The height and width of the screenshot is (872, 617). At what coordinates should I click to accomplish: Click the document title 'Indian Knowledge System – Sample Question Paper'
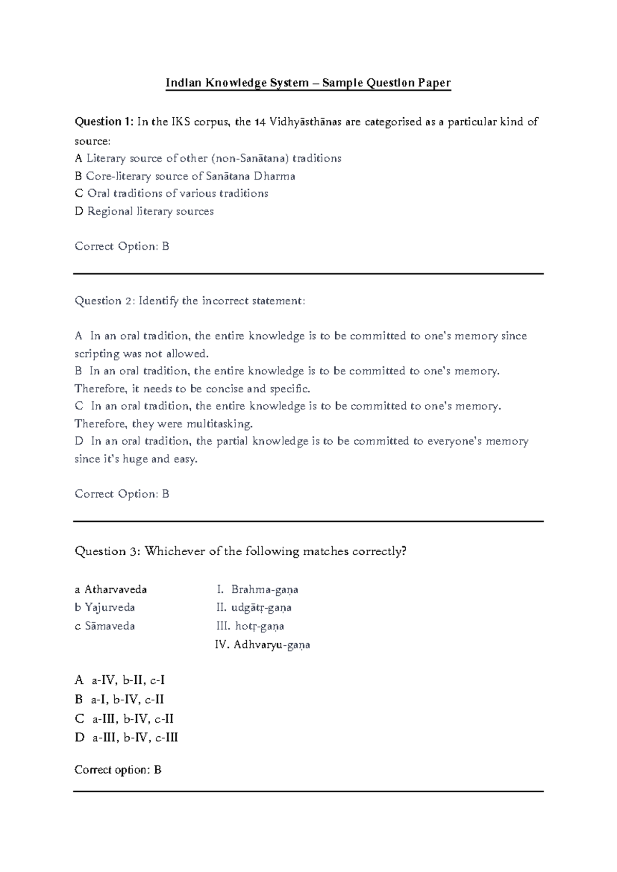[307, 83]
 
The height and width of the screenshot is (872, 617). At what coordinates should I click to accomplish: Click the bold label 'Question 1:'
[104, 122]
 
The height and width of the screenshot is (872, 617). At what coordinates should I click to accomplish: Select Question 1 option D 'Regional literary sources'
[144, 211]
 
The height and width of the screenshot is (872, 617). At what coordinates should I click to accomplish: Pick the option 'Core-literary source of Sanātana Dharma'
[185, 176]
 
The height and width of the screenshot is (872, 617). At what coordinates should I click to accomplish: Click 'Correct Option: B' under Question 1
[122, 246]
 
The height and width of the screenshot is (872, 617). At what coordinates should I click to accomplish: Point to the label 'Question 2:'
[105, 301]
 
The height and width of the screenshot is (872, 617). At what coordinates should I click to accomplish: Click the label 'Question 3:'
[107, 552]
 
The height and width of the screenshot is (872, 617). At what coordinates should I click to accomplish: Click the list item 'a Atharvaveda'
[111, 589]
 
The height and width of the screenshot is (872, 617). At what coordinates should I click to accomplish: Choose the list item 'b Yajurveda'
[105, 608]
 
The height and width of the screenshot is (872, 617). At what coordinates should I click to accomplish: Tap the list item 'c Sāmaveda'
[105, 626]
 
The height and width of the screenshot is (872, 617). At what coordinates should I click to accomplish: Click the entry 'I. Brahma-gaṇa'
[258, 589]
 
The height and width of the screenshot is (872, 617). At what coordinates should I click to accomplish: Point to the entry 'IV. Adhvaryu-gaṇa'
[263, 645]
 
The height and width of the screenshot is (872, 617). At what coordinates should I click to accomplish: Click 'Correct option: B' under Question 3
[118, 770]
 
